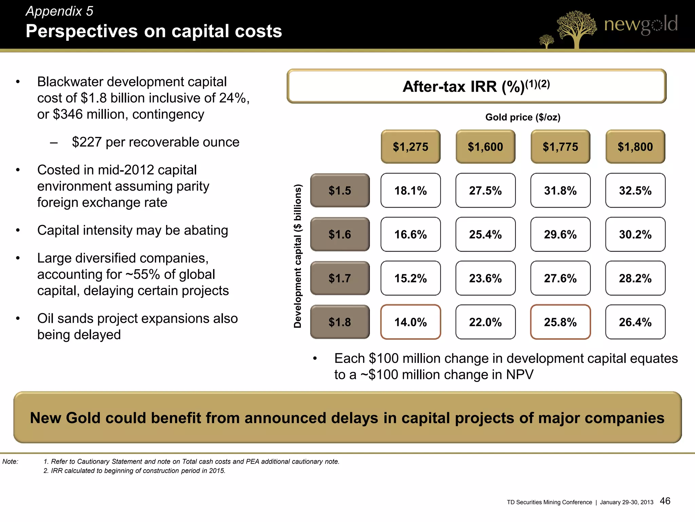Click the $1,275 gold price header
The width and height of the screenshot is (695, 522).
click(x=410, y=146)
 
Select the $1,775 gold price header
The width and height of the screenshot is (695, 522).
click(x=560, y=146)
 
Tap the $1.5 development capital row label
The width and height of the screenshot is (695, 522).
click(x=340, y=190)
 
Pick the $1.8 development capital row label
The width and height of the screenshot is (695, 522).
click(x=340, y=322)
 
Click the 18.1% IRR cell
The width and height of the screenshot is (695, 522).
click(x=410, y=190)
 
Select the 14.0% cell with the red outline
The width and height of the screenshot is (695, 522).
click(x=410, y=322)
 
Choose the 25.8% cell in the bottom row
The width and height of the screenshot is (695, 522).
click(x=560, y=322)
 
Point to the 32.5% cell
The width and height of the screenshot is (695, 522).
click(x=635, y=190)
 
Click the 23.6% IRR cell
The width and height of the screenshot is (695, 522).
click(x=485, y=278)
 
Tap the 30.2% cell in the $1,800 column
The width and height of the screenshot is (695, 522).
click(x=635, y=234)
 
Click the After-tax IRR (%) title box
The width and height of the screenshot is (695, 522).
click(x=476, y=86)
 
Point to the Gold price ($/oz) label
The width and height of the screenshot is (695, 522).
click(x=523, y=117)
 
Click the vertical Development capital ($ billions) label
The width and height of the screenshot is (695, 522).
click(x=298, y=256)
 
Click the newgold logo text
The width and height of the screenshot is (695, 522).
click(x=640, y=24)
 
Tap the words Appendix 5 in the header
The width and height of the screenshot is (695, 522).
click(x=59, y=11)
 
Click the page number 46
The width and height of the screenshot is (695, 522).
click(x=665, y=501)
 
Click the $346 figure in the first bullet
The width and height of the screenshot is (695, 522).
click(x=68, y=114)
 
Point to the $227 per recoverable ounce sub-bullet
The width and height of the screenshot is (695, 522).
click(x=155, y=142)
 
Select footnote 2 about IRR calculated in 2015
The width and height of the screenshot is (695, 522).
click(x=134, y=471)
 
